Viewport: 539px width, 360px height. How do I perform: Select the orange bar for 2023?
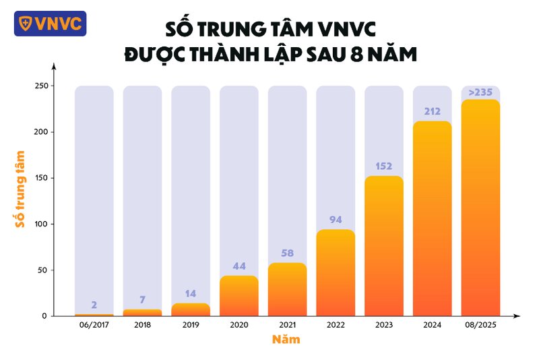pos(384,246)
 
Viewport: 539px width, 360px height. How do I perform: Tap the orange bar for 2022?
pos(336,273)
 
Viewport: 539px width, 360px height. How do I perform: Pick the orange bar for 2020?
pos(239,296)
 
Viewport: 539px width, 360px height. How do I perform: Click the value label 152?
pos(384,167)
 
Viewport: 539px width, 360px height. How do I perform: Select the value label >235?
pos(480,92)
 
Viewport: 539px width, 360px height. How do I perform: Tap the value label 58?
pos(287,253)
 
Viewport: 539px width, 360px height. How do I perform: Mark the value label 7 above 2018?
pos(142,299)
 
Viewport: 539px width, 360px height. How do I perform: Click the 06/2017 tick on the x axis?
pos(94,324)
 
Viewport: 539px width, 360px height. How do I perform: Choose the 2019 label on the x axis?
pos(191,324)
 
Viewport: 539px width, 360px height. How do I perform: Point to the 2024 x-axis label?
pos(432,324)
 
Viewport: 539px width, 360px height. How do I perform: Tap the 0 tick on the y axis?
pos(44,316)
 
